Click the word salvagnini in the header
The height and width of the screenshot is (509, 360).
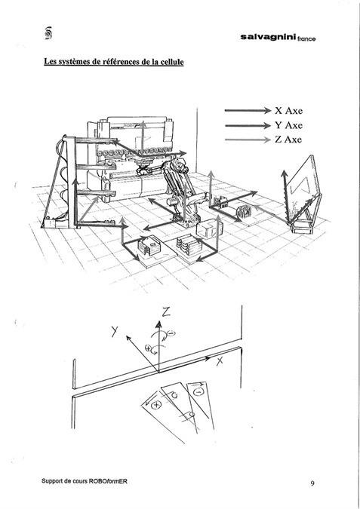tap(268, 38)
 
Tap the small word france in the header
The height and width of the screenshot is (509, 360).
tap(306, 39)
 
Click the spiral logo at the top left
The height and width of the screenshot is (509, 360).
tap(48, 33)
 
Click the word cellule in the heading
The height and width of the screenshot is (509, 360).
tap(172, 61)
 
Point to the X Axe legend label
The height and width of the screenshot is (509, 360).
tap(288, 111)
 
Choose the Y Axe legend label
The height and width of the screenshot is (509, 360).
tap(288, 125)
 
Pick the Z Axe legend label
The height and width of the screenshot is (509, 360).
tap(288, 140)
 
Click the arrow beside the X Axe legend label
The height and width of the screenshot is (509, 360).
tap(248, 111)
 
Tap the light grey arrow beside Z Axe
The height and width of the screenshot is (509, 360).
tap(248, 140)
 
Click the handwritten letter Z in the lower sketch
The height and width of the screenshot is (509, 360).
tap(166, 312)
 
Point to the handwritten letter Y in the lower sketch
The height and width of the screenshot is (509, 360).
tap(115, 331)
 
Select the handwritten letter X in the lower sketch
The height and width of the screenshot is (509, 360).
tap(220, 360)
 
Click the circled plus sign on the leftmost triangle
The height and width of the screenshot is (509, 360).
tap(157, 404)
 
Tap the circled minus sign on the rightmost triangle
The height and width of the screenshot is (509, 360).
tap(198, 392)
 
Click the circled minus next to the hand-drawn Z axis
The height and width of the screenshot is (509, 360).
tap(171, 333)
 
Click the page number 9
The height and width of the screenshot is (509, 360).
tap(312, 483)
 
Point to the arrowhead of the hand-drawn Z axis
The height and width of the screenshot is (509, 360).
tap(158, 323)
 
